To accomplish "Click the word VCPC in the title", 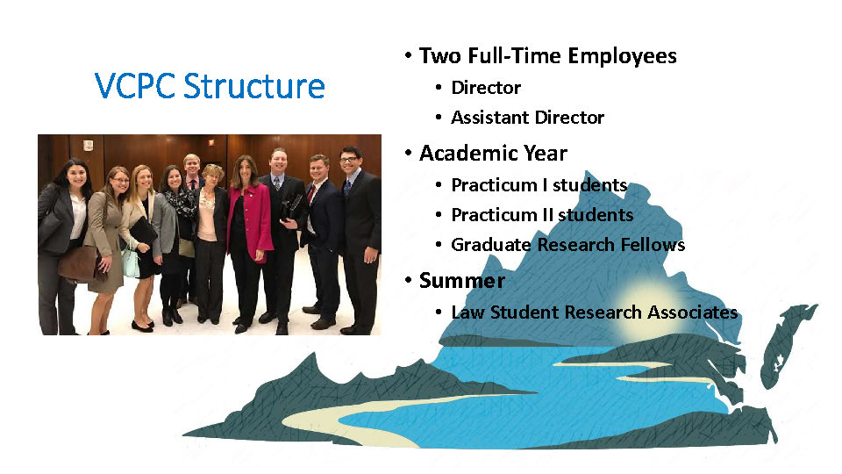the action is tap(135, 86).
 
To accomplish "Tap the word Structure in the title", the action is tap(254, 86).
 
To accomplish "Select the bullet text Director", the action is tap(486, 88).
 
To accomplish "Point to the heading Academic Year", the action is tap(493, 153).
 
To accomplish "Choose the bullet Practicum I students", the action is tap(539, 185).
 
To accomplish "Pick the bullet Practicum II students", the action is tap(542, 215).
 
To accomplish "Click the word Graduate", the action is tap(491, 245).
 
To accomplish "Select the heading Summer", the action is tap(462, 281).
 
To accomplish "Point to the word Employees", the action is tap(622, 56).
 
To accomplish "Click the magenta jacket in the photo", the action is tap(252, 220).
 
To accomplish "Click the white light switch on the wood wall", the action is tap(88, 145).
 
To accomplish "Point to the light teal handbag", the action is tap(131, 264).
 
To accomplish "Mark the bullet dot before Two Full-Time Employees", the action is tap(409, 55).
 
